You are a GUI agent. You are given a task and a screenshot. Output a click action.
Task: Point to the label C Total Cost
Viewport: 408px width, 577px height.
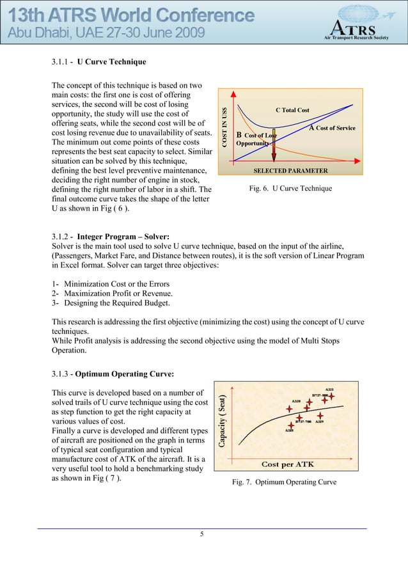click(292, 110)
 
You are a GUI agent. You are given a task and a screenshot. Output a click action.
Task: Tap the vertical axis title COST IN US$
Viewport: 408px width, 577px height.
click(224, 129)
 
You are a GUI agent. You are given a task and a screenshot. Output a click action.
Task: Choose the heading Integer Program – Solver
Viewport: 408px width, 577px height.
click(123, 237)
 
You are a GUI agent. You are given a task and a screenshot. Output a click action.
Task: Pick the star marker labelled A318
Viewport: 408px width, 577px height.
click(292, 423)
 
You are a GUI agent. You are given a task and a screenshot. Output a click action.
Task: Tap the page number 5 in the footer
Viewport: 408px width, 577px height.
click(202, 535)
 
